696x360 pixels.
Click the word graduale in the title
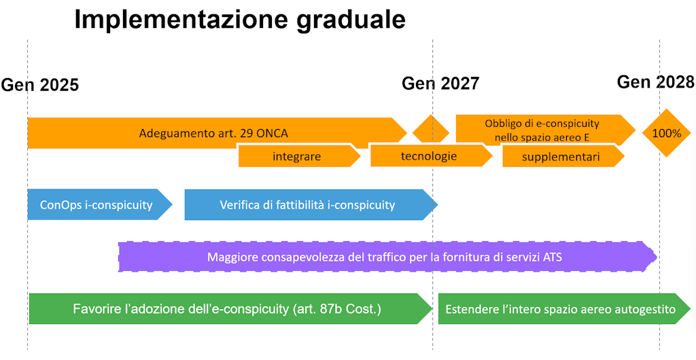click(351, 20)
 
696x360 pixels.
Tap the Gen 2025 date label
click(40, 85)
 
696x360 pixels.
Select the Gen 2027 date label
click(440, 84)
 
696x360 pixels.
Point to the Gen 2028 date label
click(655, 82)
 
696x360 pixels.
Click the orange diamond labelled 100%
click(666, 133)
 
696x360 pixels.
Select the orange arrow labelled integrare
click(298, 156)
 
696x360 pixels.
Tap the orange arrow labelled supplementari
click(561, 156)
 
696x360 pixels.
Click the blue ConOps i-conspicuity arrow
click(97, 204)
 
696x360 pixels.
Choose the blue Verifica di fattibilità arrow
click(308, 204)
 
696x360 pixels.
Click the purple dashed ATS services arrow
click(385, 257)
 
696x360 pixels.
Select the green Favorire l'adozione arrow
click(227, 309)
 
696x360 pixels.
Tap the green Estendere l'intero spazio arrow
click(560, 310)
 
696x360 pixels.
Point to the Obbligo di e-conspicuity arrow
click(542, 129)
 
